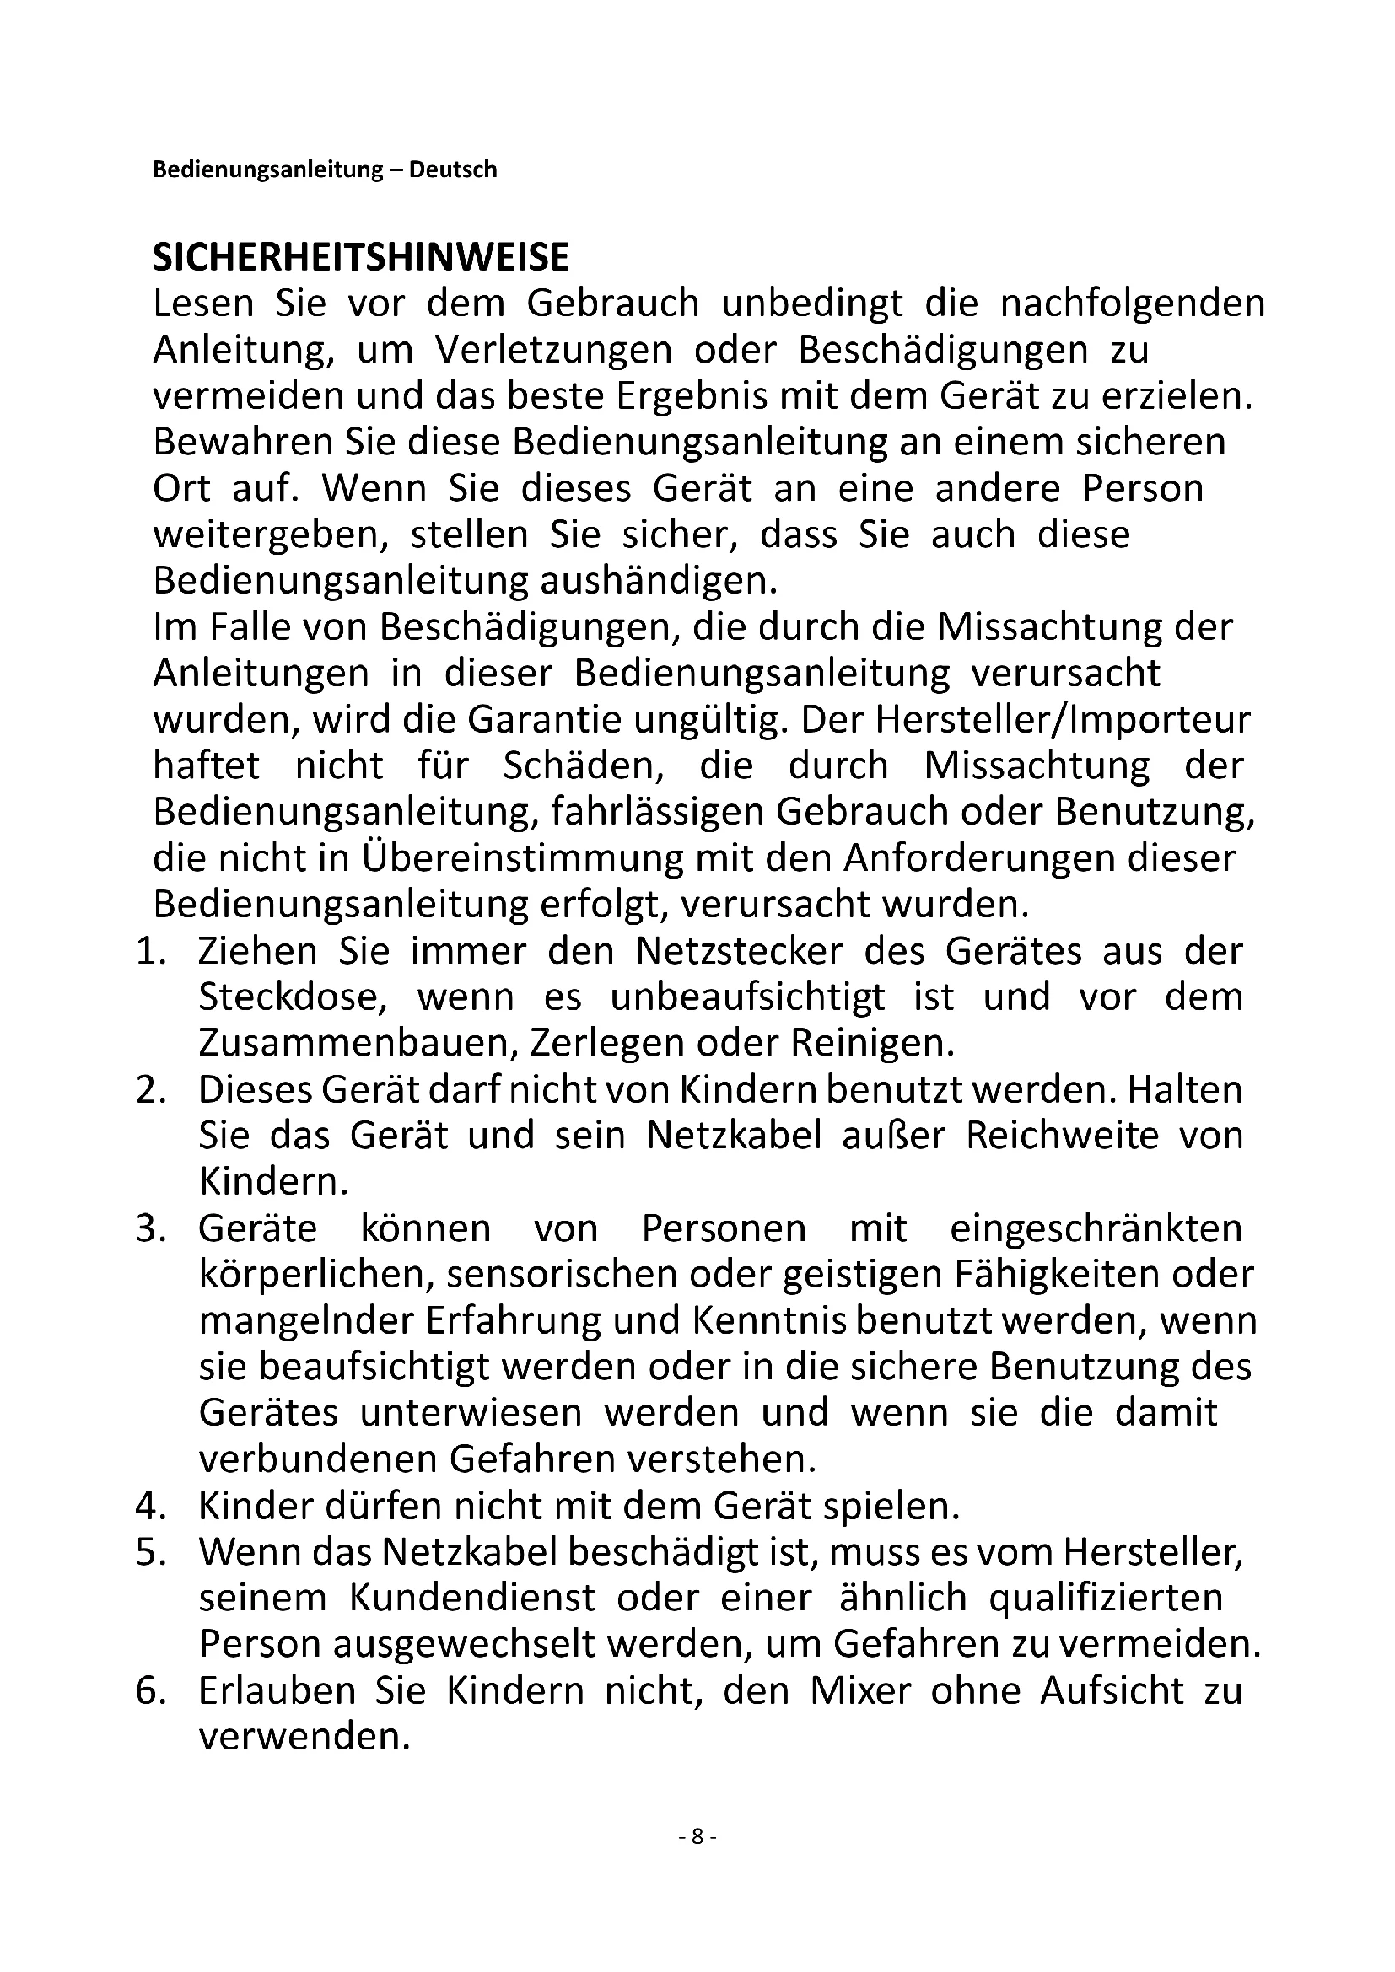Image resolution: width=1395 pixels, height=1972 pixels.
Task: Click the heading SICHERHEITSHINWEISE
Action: [361, 258]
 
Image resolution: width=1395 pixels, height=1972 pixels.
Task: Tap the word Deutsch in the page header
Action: [453, 169]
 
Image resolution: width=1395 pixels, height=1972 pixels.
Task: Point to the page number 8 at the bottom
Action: [697, 1836]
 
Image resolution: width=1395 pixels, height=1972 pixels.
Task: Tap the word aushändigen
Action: [658, 582]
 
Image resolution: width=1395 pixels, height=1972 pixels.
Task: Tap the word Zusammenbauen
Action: [355, 1044]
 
